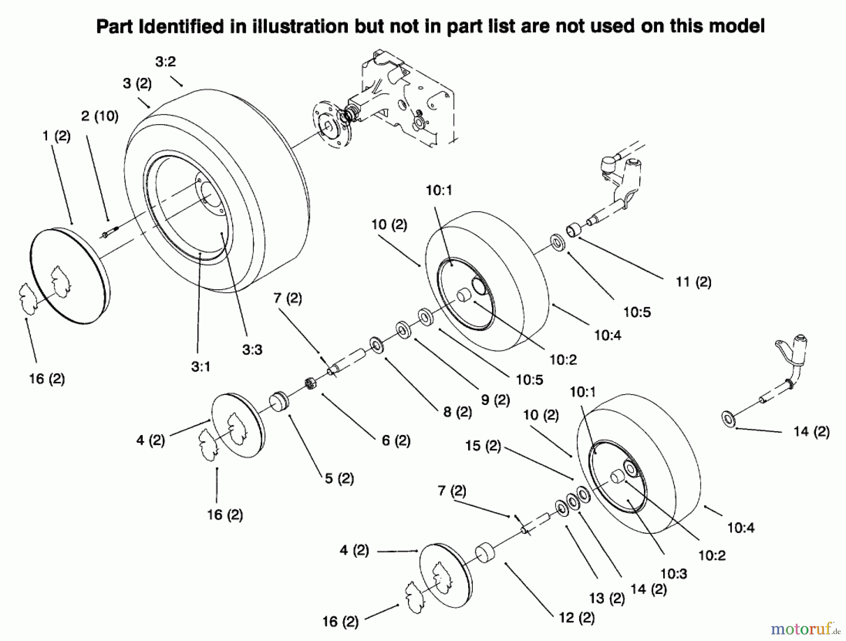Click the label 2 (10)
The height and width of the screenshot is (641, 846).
pos(100,116)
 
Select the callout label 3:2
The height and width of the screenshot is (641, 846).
pos(165,62)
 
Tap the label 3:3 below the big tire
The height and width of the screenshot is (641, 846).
pos(252,349)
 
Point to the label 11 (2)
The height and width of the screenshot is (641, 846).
pos(693,282)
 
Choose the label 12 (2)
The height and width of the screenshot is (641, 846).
pos(577,617)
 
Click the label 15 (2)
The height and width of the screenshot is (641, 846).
pos(483,446)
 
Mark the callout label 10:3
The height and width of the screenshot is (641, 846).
pos(674,573)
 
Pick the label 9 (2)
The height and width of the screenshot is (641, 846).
pos(495,400)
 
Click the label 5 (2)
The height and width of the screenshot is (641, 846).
pos(339,479)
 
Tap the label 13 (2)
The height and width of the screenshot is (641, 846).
pos(607,598)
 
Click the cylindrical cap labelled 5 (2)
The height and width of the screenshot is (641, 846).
pos(279,403)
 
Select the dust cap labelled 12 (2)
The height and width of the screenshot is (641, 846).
pos(486,553)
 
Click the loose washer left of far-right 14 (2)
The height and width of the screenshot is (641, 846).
pos(728,419)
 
